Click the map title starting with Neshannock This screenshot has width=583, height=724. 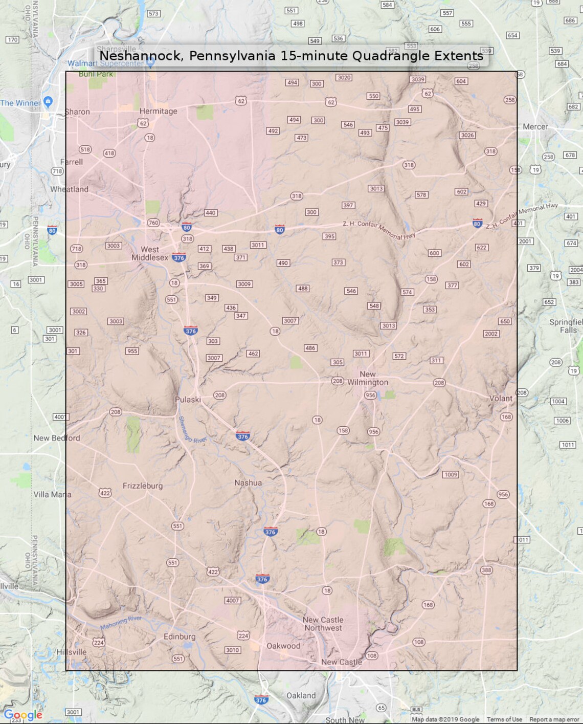coord(291,55)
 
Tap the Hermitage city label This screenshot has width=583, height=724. coord(158,111)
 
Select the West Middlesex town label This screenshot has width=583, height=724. coord(149,253)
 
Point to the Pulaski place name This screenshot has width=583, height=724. coord(188,400)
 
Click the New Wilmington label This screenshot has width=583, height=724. coord(367,378)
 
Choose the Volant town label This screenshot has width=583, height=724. coord(500,398)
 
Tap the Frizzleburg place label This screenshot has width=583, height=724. coord(143,486)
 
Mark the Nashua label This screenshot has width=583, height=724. coord(248,482)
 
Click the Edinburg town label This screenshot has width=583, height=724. coord(180,637)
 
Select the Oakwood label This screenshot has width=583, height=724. coord(283,646)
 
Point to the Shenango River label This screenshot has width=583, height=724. coord(191,430)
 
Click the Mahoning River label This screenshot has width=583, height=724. coord(121,623)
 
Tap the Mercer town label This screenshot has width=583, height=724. coord(535,126)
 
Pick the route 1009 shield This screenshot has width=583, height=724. coord(451,474)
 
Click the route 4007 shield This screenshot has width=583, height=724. coord(232,600)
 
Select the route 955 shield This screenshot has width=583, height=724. coord(132,351)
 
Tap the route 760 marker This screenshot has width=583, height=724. coord(153,223)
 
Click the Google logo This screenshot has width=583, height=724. coord(23,715)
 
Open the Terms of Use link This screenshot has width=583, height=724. coord(504,719)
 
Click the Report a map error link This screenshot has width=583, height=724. coord(554,719)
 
